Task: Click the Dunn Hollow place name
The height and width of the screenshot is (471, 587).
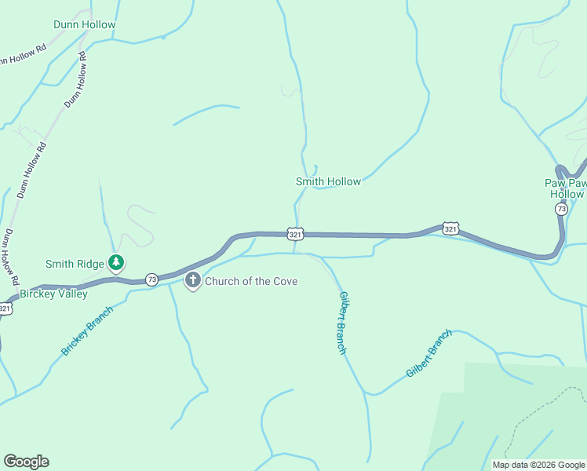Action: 84,24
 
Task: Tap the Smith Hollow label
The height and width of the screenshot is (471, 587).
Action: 328,181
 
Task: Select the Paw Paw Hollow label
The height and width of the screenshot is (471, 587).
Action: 566,188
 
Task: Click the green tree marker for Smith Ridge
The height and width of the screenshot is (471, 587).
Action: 116,262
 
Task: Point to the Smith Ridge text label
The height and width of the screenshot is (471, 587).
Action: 75,265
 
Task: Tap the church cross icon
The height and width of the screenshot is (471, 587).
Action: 193,280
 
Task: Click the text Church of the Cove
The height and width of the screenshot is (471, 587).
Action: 251,281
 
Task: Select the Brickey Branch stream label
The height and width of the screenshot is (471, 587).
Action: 87,330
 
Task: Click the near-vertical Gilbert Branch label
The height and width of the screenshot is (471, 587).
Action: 342,323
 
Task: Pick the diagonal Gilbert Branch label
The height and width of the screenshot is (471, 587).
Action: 429,353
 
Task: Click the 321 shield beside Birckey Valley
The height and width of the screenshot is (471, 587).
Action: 5,309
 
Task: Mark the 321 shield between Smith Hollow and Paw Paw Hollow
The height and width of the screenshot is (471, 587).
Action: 450,228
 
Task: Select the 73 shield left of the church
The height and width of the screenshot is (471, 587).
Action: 151,279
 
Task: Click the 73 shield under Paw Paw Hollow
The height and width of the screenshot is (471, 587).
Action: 560,209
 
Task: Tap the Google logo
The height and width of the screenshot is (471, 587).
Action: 26,462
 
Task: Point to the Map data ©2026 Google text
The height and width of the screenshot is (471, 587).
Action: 538,465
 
